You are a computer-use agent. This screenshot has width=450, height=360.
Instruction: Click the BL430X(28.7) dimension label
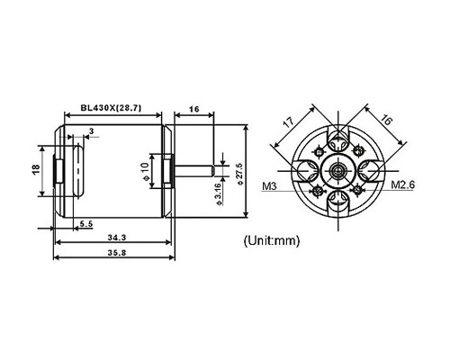(x=111, y=108)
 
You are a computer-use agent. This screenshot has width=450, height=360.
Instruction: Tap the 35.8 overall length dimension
(x=114, y=253)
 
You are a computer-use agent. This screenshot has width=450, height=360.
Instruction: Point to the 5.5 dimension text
(x=86, y=223)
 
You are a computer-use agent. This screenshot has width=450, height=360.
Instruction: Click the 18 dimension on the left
(x=36, y=169)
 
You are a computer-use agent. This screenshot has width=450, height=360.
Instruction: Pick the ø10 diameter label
(x=145, y=172)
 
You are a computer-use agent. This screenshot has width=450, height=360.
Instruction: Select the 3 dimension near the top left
(x=92, y=130)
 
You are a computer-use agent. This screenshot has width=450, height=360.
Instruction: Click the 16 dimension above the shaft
(x=194, y=109)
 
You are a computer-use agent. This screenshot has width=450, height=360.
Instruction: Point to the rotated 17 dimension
(x=288, y=122)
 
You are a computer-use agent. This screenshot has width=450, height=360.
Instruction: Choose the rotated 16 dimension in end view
(x=386, y=121)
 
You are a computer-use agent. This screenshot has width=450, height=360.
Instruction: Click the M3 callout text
(x=269, y=186)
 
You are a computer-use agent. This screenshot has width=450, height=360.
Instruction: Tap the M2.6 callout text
(x=402, y=184)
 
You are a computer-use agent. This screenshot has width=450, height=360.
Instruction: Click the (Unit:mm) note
(x=272, y=241)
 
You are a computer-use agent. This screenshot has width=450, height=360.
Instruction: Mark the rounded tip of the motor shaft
(x=212, y=170)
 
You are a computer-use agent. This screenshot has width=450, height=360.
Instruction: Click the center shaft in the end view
(x=339, y=171)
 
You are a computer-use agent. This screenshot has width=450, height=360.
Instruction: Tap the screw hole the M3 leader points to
(x=318, y=191)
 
